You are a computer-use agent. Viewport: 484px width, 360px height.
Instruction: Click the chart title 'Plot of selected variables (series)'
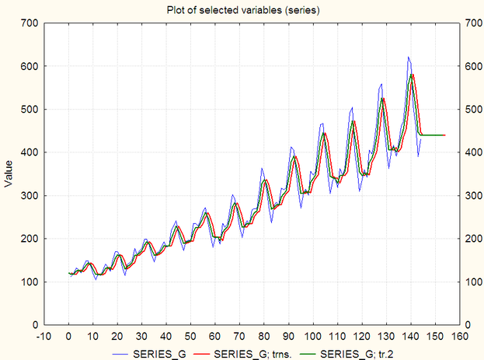point(242,10)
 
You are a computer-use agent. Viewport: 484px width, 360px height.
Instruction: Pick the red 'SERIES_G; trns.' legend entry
point(249,353)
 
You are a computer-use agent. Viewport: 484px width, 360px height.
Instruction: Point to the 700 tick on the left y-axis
point(30,23)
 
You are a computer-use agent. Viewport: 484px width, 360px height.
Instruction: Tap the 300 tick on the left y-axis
point(30,195)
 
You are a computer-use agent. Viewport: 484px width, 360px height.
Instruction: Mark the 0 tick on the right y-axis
point(467,324)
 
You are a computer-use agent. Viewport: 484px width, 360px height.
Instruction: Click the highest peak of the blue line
point(409,58)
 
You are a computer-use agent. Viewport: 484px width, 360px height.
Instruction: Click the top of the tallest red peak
point(413,75)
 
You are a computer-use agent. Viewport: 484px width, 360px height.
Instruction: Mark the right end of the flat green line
point(445,135)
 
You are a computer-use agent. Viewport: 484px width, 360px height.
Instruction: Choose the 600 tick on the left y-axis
point(30,67)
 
